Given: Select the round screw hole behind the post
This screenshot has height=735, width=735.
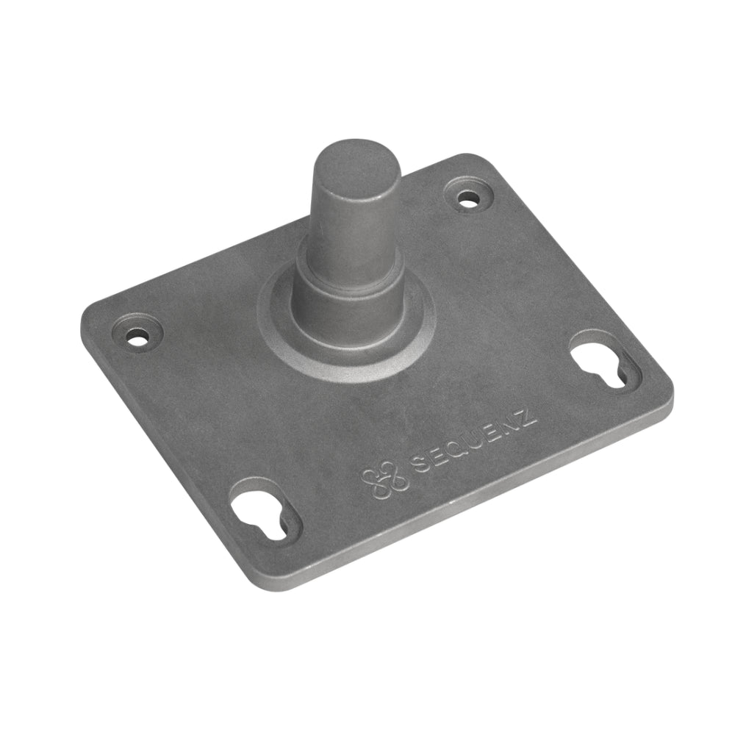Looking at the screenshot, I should (467, 198).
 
